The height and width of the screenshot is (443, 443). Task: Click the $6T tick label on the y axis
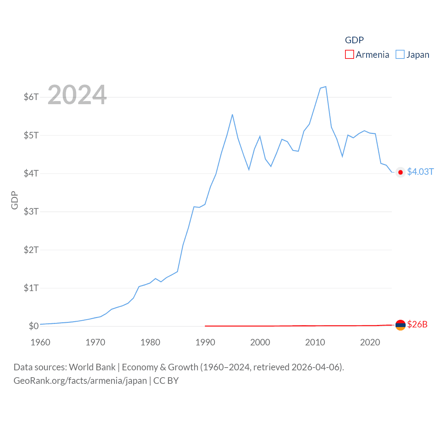[x=31, y=97]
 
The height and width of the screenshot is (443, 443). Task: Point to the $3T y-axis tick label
[x=31, y=211]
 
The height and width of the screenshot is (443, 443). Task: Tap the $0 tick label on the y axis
[x=34, y=326]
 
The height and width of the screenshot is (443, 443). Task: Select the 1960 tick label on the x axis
[x=40, y=342]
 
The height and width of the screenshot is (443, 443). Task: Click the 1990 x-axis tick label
[x=205, y=342]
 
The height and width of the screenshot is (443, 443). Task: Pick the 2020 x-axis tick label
[x=370, y=342]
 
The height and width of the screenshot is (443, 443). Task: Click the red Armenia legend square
[x=350, y=55]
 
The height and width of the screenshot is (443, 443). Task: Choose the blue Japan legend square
[x=400, y=55]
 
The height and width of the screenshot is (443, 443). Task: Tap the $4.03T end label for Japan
[x=420, y=172]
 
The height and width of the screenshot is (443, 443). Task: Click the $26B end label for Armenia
[x=417, y=324]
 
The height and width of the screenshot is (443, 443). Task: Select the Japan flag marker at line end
[x=400, y=172]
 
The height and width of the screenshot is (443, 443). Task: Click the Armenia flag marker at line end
[x=400, y=325]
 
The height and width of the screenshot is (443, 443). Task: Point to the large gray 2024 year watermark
[x=77, y=95]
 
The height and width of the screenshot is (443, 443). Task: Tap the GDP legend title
[x=354, y=40]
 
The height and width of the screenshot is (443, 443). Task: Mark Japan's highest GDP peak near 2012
[x=326, y=87]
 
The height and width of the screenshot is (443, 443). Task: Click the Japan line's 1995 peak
[x=232, y=115]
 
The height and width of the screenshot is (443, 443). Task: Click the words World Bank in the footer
[x=92, y=367]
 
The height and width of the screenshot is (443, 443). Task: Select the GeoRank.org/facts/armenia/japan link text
[x=80, y=381]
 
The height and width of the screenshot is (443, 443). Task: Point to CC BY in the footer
[x=166, y=381]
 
